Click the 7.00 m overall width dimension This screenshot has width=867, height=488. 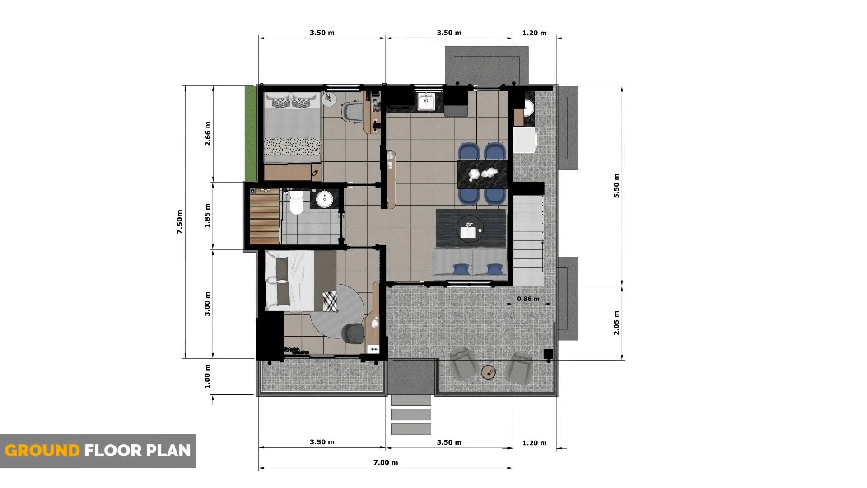pos(386,462)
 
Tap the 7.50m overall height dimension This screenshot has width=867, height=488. pos(180,221)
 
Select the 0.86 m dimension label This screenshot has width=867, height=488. pos(528,299)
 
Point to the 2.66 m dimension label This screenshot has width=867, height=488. pos(208,134)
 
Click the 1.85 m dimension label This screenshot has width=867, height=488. pos(208,216)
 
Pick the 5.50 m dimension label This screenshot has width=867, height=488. pos(617,186)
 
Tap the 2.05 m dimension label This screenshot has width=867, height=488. pos(617,323)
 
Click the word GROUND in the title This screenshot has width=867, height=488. pos(42,450)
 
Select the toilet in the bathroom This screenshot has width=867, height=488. pos(296,202)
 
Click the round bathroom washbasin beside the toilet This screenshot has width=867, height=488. pos(324,199)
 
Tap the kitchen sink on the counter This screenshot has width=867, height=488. pos(425,102)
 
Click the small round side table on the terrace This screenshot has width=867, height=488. pos(489,373)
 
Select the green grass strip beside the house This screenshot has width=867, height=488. pos(251,133)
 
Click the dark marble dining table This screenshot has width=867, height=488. pos(483,174)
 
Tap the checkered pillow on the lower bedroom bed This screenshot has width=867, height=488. pos(330,301)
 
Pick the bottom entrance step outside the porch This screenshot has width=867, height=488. pos(411,429)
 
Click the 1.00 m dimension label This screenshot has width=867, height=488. pos(208,376)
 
